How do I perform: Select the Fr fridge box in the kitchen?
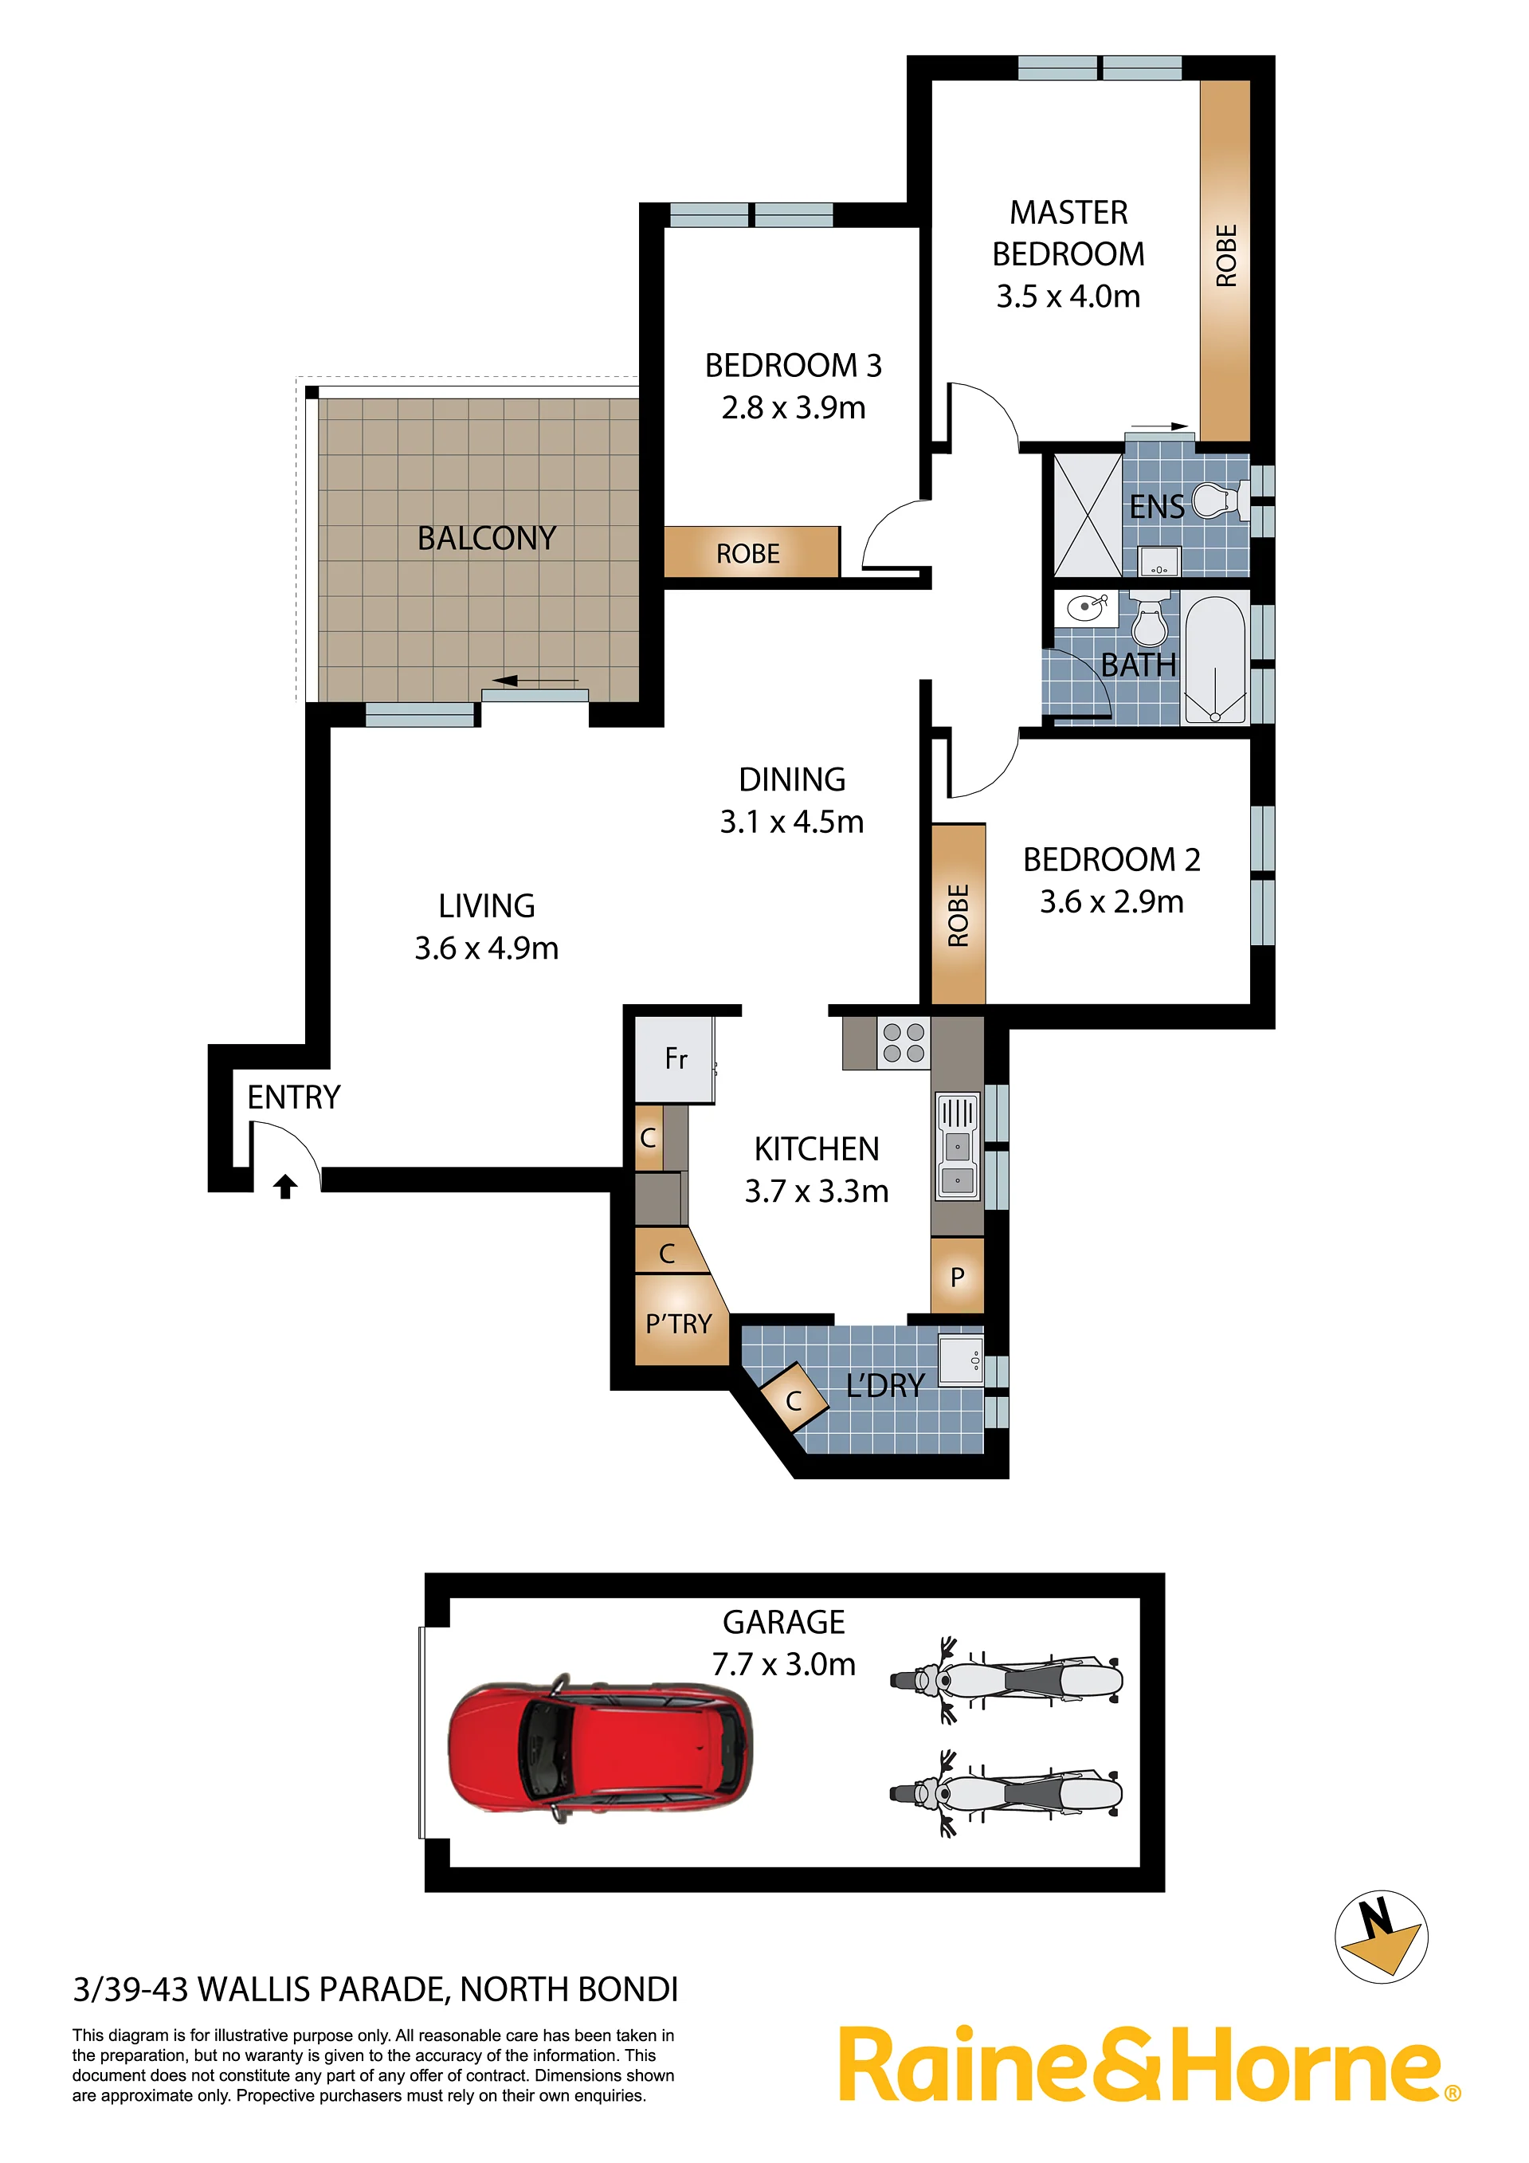(675, 1059)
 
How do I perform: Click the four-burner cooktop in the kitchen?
(904, 1043)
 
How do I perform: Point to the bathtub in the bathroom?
(1215, 659)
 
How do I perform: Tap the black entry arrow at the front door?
(285, 1186)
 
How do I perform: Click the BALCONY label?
(487, 538)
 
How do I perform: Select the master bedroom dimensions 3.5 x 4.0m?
(1068, 296)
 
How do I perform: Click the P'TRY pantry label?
(678, 1324)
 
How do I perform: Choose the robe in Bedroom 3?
(751, 552)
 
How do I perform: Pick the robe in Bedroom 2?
(958, 915)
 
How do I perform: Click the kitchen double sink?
(957, 1147)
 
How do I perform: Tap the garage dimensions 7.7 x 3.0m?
(784, 1665)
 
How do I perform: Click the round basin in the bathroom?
(1086, 607)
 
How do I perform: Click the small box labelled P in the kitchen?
(957, 1276)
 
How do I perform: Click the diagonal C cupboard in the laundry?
(794, 1400)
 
